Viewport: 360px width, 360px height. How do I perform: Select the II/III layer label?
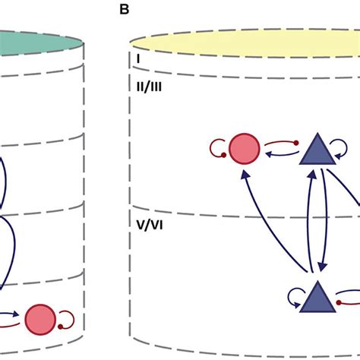coord(141,87)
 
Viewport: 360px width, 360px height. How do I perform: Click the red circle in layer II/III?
coord(244,147)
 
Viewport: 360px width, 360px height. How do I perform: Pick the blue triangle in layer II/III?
coord(316,150)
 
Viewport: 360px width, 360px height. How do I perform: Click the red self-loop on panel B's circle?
coord(214,147)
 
